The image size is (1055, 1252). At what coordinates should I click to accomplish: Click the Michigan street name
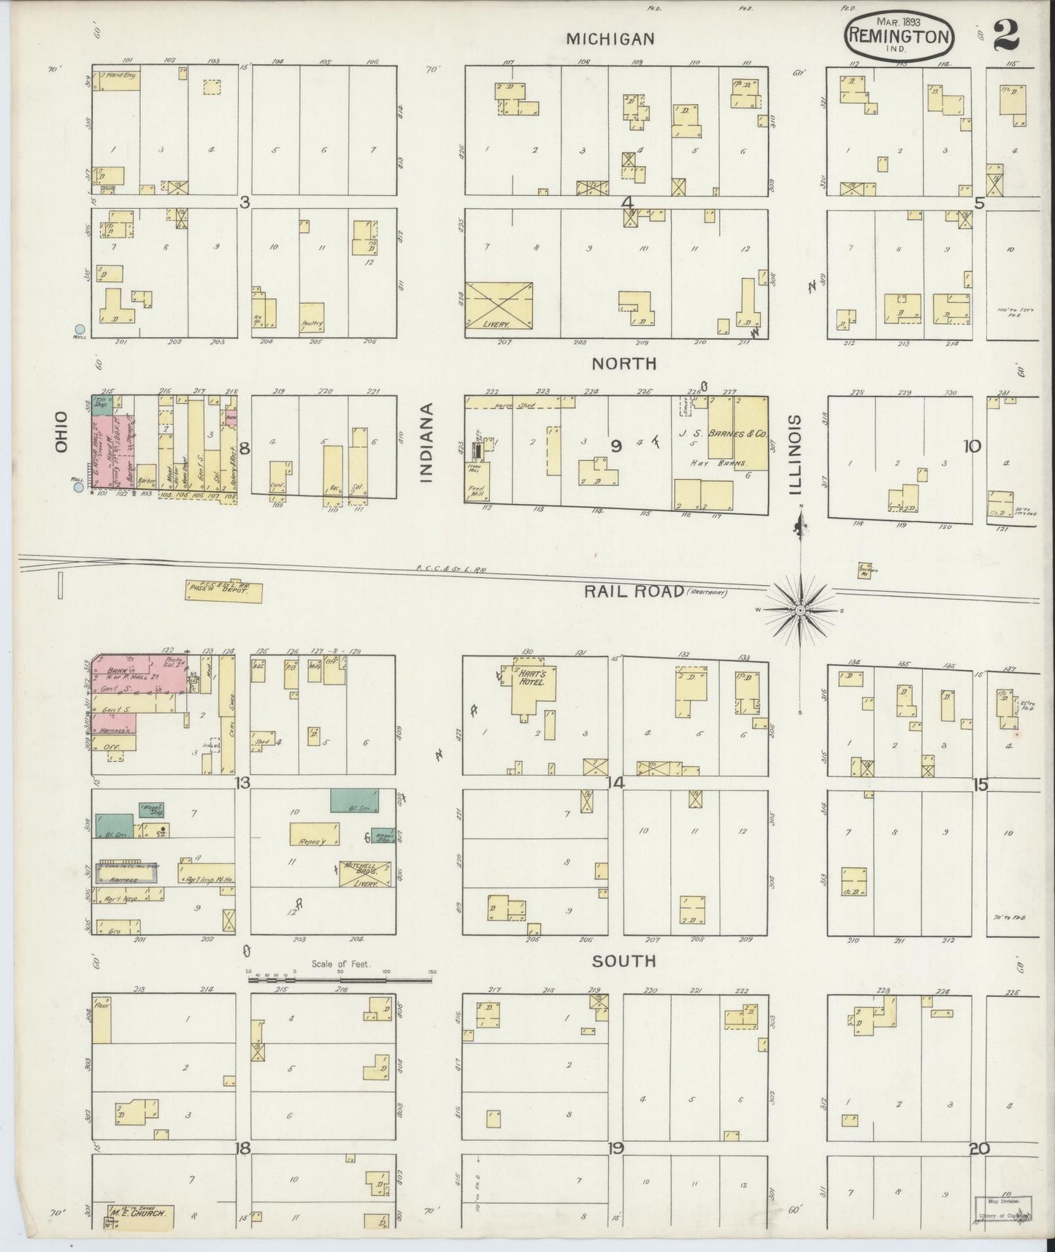click(x=610, y=39)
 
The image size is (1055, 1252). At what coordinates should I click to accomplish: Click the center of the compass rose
click(x=800, y=609)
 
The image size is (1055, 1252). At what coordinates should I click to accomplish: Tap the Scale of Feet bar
click(x=341, y=980)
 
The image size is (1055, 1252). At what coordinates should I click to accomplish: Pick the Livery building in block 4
click(x=499, y=306)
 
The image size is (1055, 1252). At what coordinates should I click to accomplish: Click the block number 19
click(x=615, y=1148)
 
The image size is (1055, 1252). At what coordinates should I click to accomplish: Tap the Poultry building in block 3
click(x=312, y=318)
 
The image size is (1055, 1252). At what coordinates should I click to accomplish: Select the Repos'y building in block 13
click(x=315, y=834)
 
